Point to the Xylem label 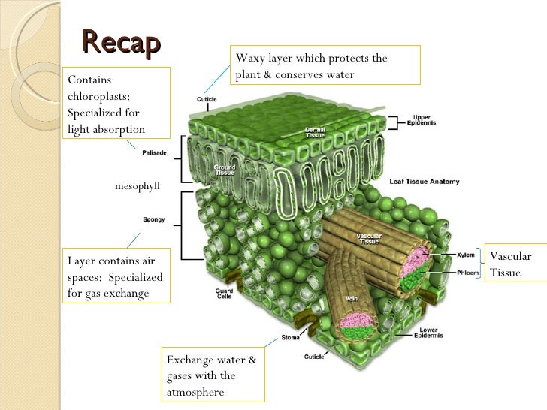point(466,255)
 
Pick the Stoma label point(291,337)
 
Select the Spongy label point(154,220)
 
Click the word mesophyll point(138,185)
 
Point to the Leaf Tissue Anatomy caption point(424,182)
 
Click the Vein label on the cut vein point(351,298)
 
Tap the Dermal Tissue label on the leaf point(315,133)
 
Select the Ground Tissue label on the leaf point(225,170)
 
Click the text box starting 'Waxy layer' point(324,66)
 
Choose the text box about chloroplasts point(117,104)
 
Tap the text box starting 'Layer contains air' point(117,276)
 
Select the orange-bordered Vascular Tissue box point(514,264)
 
